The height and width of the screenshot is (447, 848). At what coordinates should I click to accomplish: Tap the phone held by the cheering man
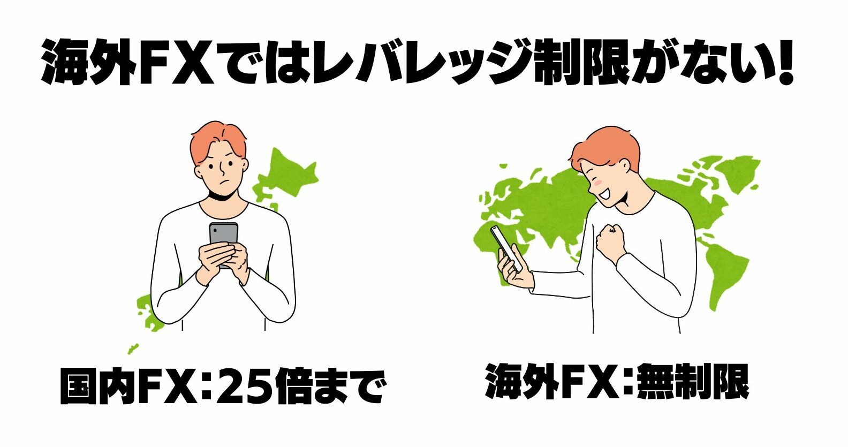pos(506,248)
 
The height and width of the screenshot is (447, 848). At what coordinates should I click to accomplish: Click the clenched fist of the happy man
pos(610,241)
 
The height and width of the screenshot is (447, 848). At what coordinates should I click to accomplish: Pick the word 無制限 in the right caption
pos(693,382)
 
